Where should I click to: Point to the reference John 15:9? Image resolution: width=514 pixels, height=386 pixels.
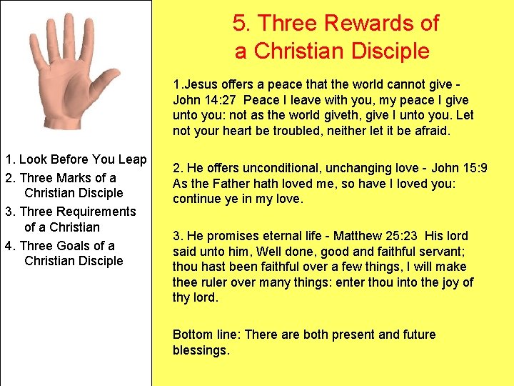[458, 168]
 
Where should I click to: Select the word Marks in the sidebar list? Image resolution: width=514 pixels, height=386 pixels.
[76, 177]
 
